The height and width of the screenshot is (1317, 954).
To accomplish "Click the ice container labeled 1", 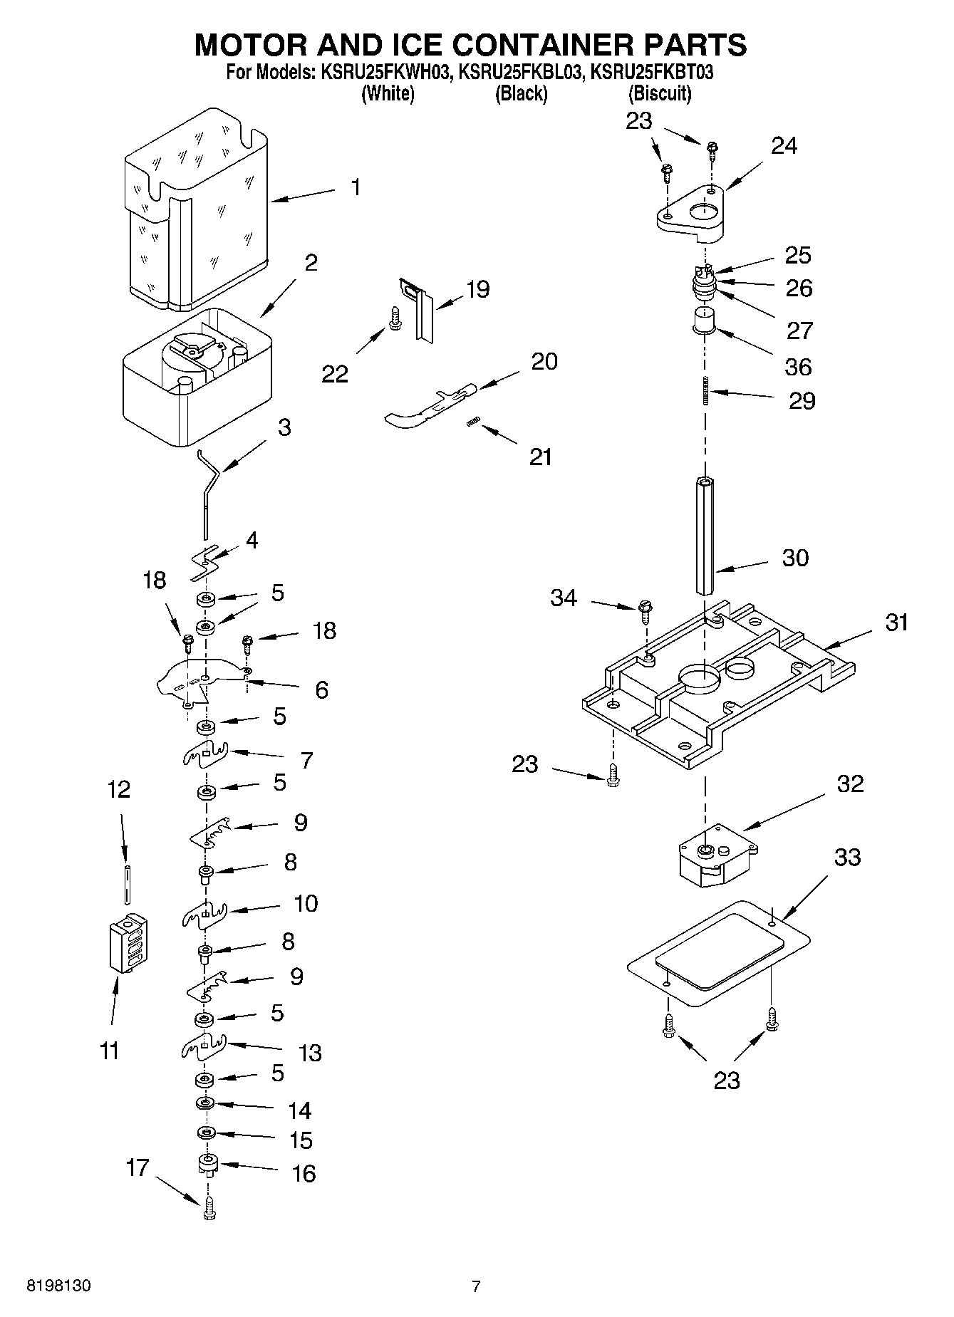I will (x=196, y=214).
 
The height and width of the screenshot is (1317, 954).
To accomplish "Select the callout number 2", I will (x=311, y=262).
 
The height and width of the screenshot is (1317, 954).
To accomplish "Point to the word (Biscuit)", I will (x=659, y=93).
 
